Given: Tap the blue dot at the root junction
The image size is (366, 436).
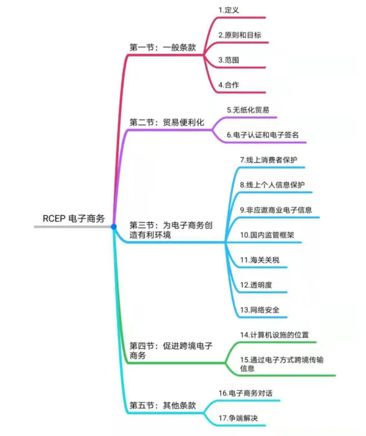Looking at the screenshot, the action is click(114, 227).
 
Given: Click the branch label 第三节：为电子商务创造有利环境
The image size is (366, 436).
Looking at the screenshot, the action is click(171, 230).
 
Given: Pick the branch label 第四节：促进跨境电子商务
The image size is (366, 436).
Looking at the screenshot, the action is click(171, 351).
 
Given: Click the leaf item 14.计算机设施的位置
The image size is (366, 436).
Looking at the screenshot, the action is click(274, 334).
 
